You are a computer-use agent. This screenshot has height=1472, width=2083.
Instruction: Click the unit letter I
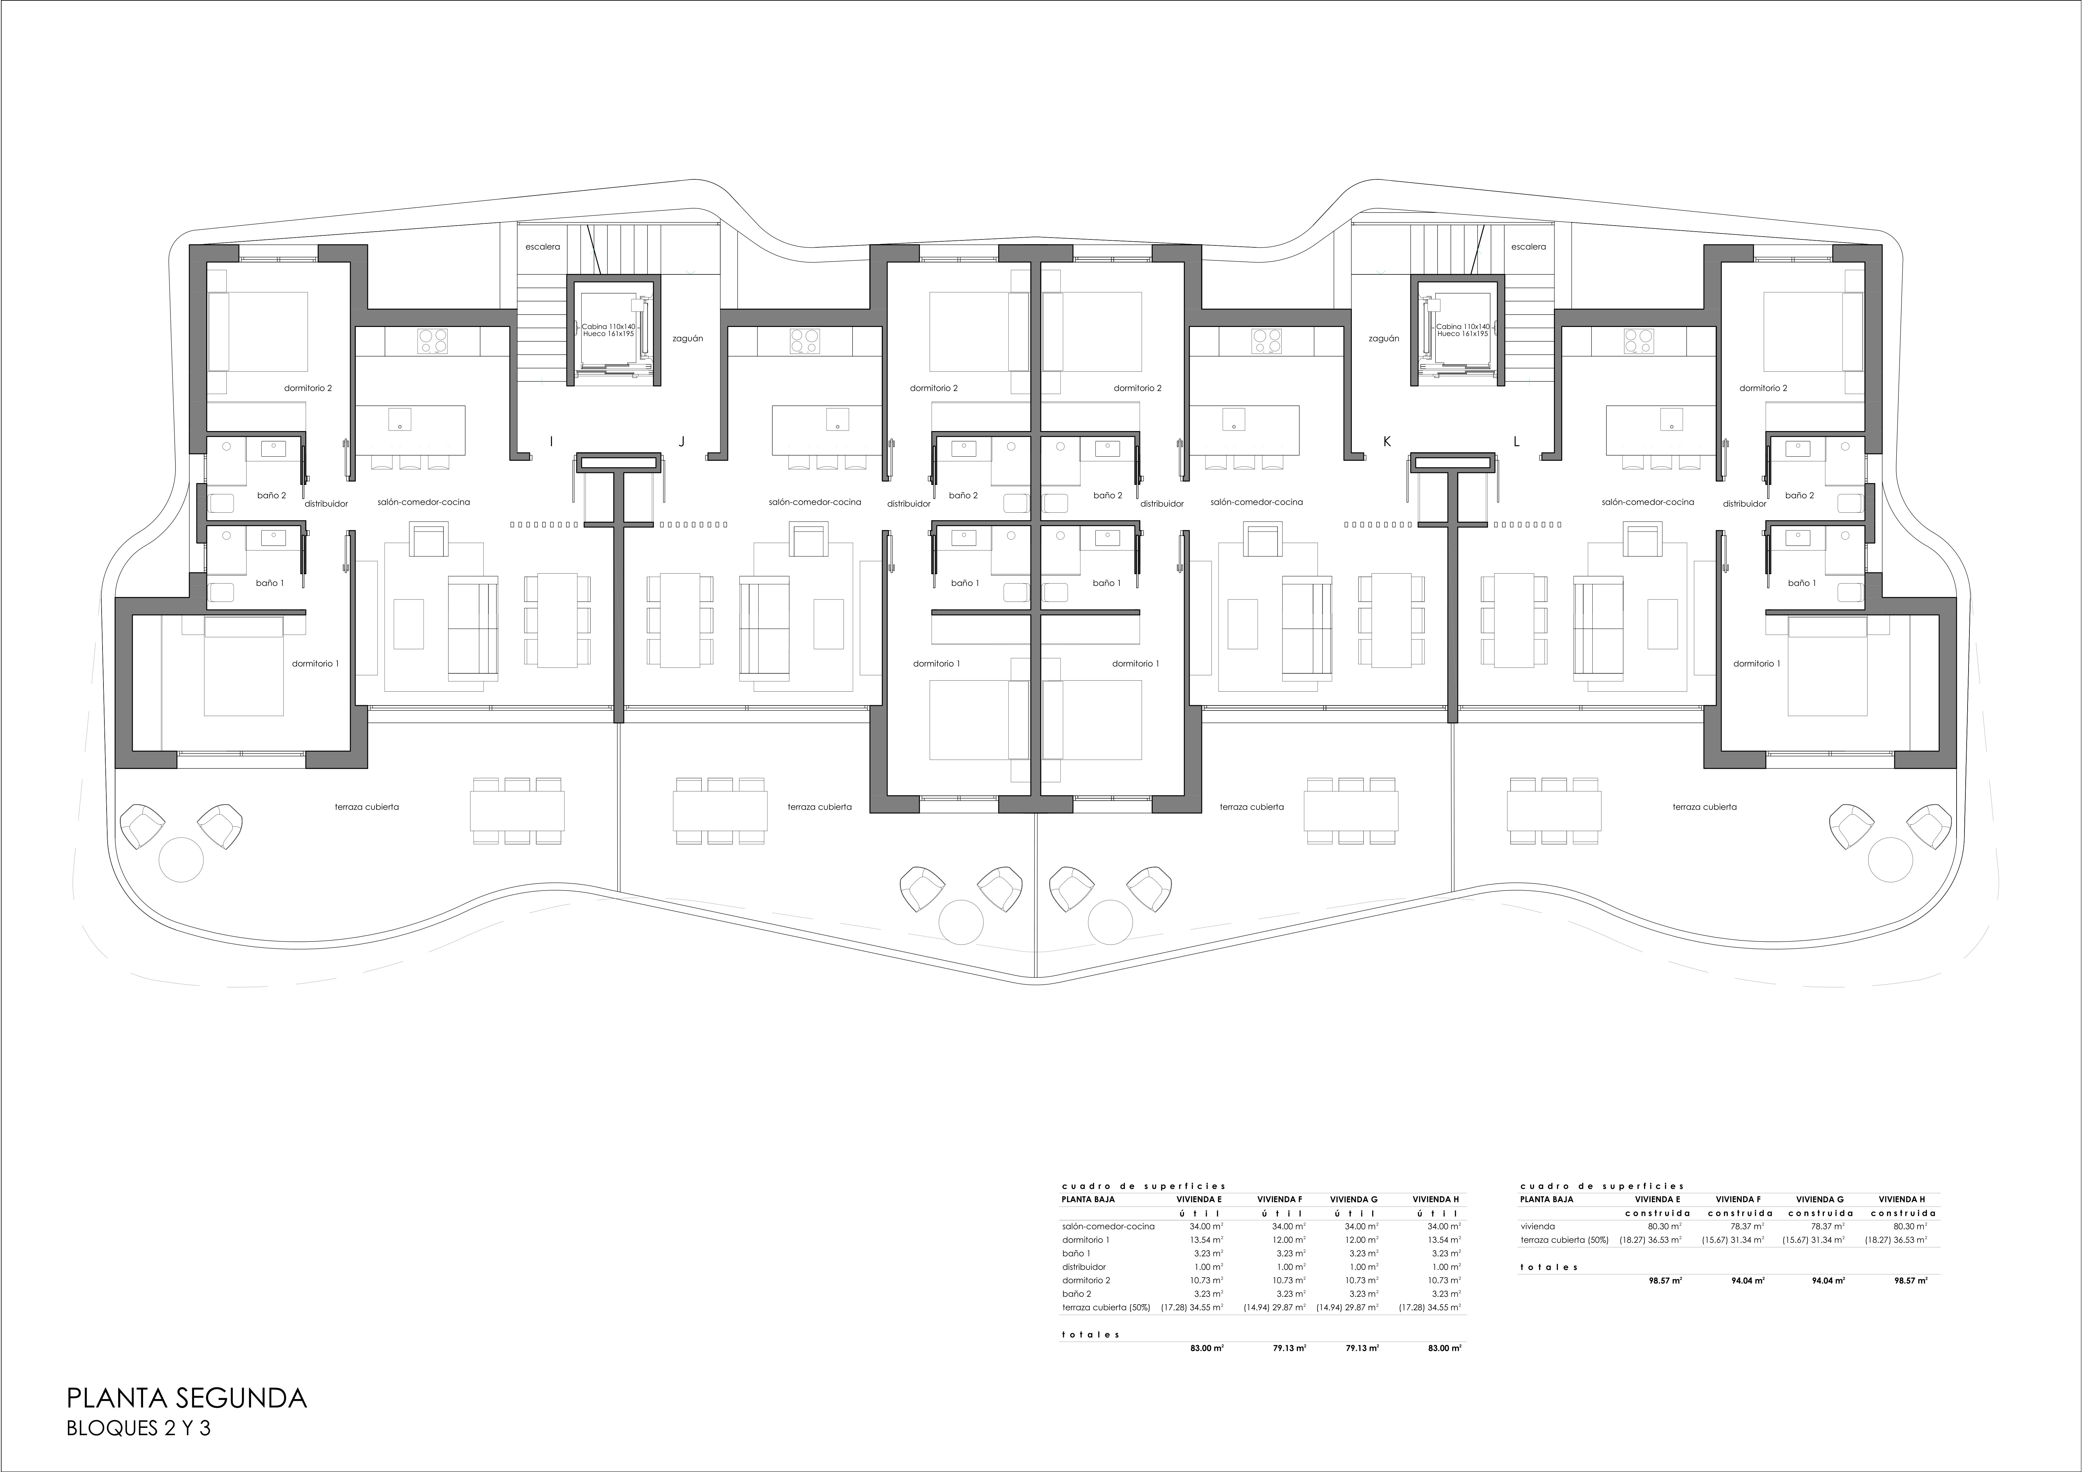click(551, 442)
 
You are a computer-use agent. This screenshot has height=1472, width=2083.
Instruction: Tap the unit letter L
click(1516, 442)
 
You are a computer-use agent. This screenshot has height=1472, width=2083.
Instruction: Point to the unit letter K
click(1386, 442)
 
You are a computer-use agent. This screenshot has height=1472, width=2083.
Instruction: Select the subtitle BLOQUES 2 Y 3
click(139, 1429)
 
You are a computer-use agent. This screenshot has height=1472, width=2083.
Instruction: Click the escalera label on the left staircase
click(543, 247)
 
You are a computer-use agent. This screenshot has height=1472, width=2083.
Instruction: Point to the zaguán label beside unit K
click(1384, 339)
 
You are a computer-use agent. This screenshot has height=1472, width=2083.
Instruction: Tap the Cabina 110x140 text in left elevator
click(608, 326)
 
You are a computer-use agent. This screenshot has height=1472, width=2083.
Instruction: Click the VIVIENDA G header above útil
click(1354, 1199)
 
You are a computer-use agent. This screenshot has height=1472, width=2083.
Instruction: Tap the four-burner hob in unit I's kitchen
click(433, 340)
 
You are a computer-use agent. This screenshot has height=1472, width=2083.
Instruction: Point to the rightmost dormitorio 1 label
click(1757, 663)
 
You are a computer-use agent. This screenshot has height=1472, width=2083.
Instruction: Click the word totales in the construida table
click(1549, 1267)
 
